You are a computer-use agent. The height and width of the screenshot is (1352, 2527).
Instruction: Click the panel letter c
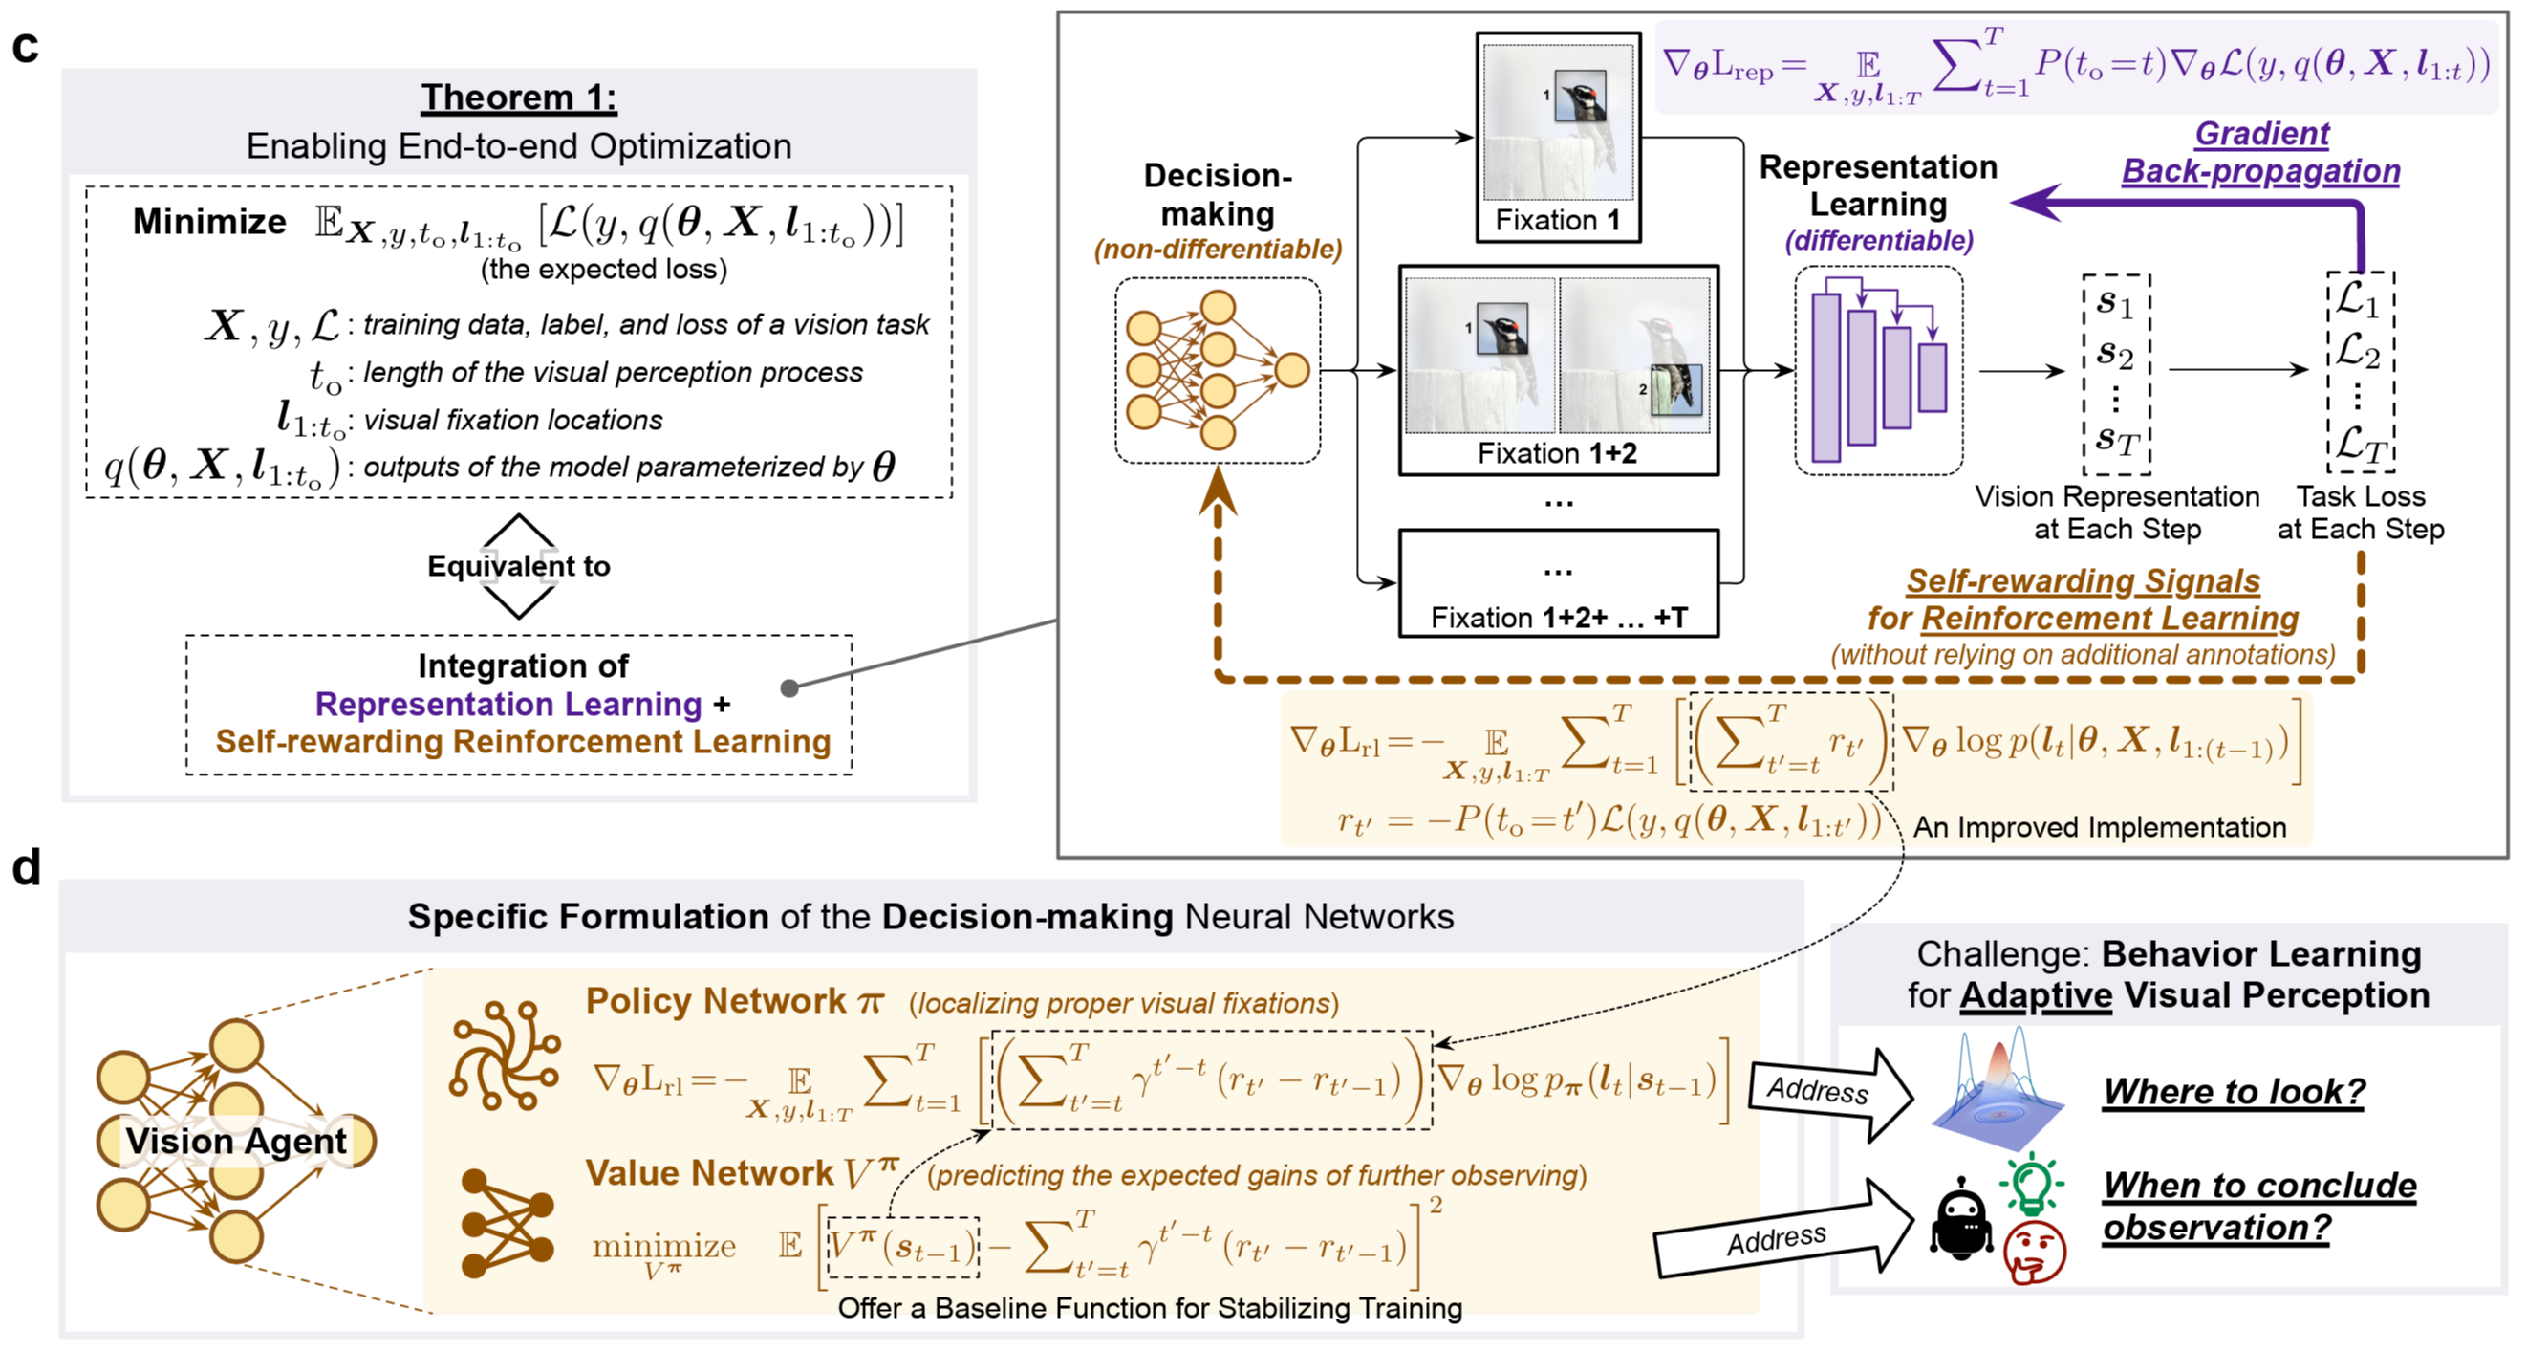[26, 47]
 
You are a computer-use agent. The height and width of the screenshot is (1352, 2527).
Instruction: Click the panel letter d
[27, 868]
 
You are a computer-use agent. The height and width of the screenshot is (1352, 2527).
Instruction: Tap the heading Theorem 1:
[519, 98]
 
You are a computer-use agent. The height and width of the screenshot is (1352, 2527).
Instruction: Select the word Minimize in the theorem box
[209, 222]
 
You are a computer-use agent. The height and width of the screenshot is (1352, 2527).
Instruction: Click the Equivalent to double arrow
[518, 566]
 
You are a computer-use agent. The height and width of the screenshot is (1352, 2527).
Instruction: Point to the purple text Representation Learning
[508, 704]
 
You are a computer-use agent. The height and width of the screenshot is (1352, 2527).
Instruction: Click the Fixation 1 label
[1557, 220]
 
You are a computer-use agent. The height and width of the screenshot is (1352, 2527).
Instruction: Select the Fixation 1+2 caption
[1557, 453]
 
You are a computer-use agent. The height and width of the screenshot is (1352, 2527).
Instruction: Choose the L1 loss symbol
[2358, 299]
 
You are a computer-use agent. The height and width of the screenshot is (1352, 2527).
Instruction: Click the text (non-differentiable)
[1218, 250]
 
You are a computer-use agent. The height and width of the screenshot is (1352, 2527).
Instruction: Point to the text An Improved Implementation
[2099, 827]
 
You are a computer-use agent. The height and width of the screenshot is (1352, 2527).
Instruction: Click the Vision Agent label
[235, 1141]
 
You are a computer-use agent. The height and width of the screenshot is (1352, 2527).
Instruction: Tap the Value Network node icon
[507, 1223]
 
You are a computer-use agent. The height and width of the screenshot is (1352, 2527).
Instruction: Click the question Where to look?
[2233, 1091]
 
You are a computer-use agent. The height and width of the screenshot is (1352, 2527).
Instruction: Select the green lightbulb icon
[2032, 1182]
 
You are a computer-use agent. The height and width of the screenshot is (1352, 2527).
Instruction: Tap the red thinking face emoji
[2035, 1253]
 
